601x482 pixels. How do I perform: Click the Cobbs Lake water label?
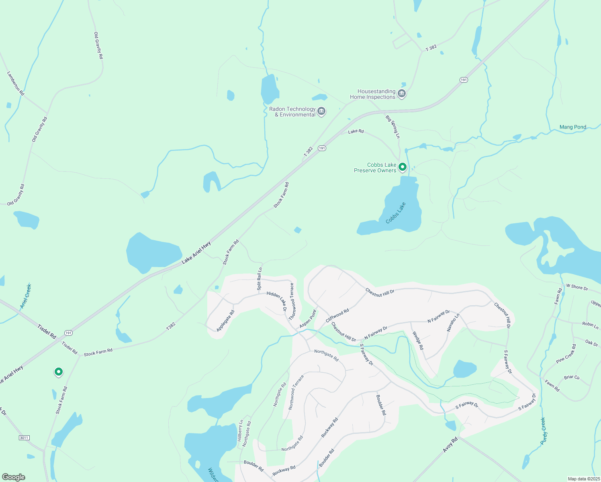(396, 213)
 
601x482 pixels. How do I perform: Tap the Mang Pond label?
(572, 127)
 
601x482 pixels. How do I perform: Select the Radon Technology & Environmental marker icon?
(321, 112)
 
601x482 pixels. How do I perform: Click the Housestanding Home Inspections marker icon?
(401, 94)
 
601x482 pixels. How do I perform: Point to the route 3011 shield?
(24, 437)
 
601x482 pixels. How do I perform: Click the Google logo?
(14, 477)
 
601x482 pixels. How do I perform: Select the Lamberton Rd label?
(16, 83)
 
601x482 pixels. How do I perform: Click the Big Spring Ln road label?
(392, 127)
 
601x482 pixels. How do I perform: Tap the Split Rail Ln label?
(260, 279)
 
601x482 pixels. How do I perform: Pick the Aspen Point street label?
(308, 319)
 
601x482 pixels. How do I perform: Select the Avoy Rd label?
(450, 445)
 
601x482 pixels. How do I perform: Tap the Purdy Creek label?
(543, 431)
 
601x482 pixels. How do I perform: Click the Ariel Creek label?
(26, 296)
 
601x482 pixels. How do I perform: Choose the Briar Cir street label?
(572, 378)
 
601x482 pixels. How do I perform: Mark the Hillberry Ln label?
(240, 431)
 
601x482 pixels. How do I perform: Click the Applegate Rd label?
(225, 321)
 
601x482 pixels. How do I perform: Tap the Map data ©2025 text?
(583, 479)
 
